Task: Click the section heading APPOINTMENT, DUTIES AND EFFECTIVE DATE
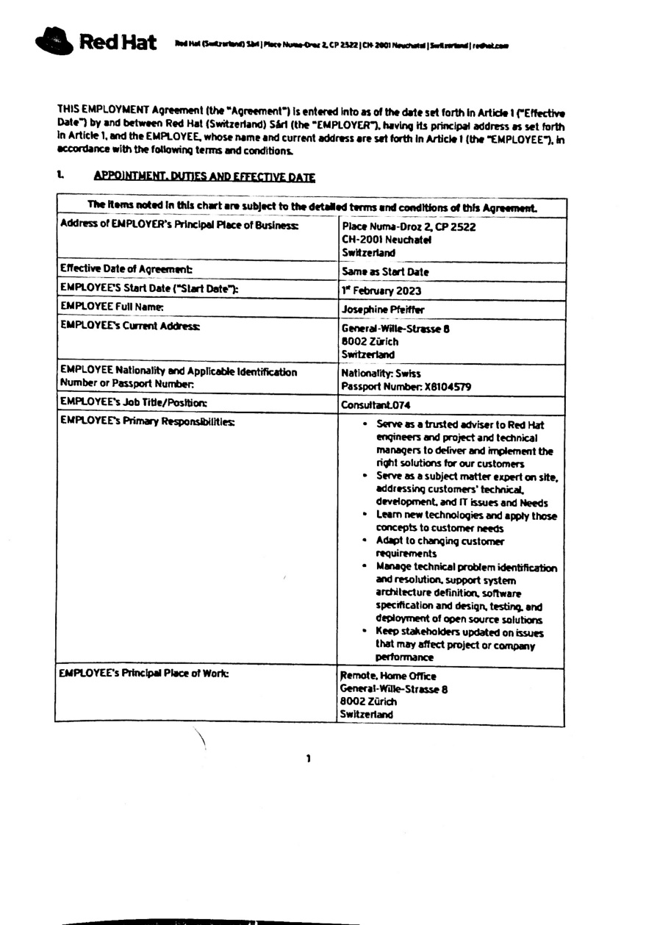tap(204, 178)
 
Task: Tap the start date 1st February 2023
tap(381, 290)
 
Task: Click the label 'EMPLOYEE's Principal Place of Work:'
tap(137, 675)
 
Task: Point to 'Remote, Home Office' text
tap(388, 676)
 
